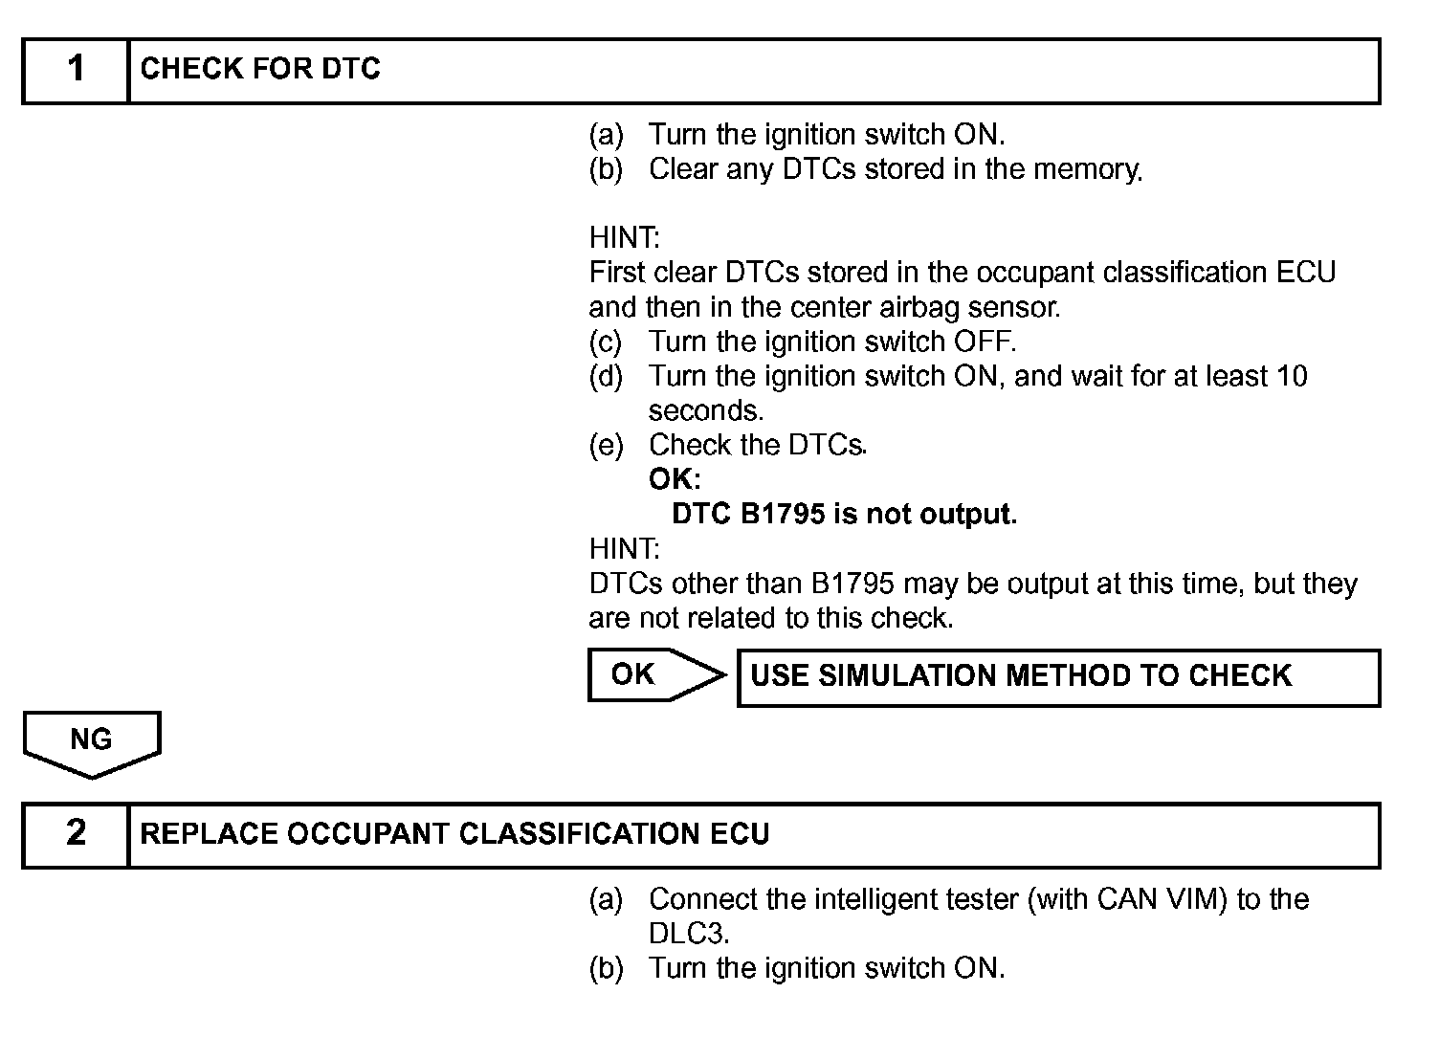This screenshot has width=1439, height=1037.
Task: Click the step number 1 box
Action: pyautogui.click(x=76, y=70)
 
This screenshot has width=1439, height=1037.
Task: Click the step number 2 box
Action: pyautogui.click(x=76, y=834)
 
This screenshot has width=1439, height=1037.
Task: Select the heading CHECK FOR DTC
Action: pyautogui.click(x=260, y=70)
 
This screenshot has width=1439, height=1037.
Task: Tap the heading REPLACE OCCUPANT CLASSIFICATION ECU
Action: pyautogui.click(x=454, y=834)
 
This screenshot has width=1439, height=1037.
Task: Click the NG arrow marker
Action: pyautogui.click(x=91, y=741)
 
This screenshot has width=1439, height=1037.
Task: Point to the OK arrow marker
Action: pyautogui.click(x=654, y=675)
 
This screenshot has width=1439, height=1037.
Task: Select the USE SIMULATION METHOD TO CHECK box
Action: pyautogui.click(x=1058, y=677)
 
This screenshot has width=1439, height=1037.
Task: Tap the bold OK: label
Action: pyautogui.click(x=675, y=479)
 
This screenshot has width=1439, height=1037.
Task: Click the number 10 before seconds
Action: pyautogui.click(x=1292, y=376)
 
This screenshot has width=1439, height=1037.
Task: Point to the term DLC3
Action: pyautogui.click(x=688, y=934)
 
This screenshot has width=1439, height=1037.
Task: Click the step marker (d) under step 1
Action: pyautogui.click(x=606, y=377)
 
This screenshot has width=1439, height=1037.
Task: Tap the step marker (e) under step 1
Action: pyautogui.click(x=606, y=446)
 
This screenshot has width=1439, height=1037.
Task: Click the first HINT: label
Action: pyautogui.click(x=624, y=238)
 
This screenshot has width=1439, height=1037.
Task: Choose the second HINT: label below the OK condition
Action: pyautogui.click(x=624, y=549)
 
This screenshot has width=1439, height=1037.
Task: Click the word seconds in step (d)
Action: pyautogui.click(x=704, y=411)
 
